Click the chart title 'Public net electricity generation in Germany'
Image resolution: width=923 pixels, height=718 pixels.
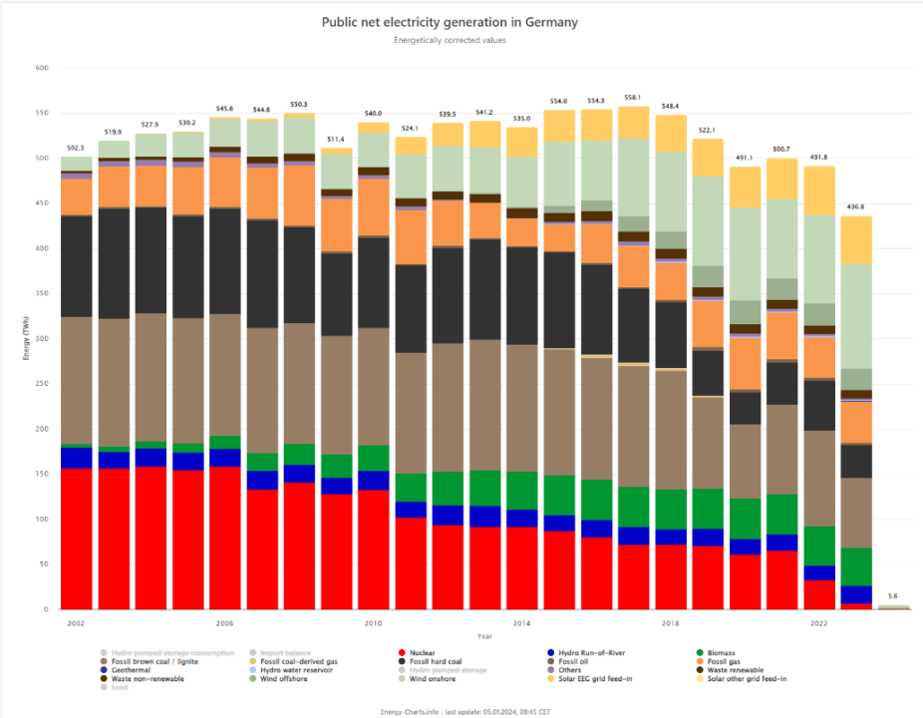(450, 22)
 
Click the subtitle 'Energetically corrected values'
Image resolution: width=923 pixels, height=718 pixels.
(450, 41)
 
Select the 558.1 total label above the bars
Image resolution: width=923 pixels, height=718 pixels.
(632, 98)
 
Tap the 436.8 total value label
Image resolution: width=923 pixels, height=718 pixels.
(855, 206)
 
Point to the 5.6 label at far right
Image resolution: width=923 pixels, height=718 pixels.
(892, 596)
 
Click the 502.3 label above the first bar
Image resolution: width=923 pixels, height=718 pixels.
(76, 148)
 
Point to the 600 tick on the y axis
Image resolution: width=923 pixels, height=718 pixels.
(41, 68)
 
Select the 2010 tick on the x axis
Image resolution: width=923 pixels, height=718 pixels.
(373, 623)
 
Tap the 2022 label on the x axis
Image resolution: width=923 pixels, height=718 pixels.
(818, 623)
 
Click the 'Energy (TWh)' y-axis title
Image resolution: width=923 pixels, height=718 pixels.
(27, 339)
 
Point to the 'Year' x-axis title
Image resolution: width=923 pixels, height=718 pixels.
(484, 635)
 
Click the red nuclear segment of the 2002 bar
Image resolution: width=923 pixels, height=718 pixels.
(76, 538)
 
